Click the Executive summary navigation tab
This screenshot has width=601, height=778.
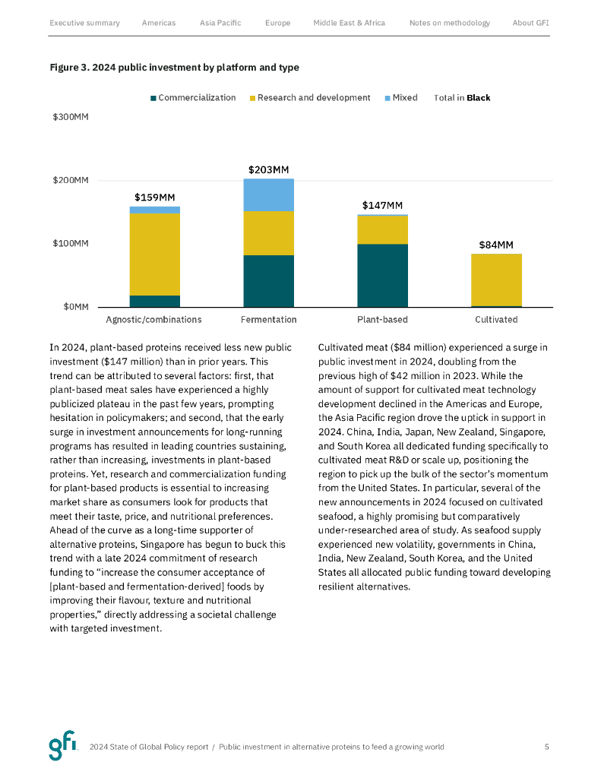tap(84, 23)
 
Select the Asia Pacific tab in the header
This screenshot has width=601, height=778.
tap(220, 23)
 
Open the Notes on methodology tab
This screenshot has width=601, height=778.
tap(449, 23)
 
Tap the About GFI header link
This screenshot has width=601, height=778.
tap(530, 23)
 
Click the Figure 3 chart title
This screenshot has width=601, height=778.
tap(174, 68)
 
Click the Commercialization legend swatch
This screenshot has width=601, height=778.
tap(153, 98)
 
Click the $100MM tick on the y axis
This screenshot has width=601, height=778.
tap(71, 244)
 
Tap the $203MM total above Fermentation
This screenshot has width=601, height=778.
tap(268, 170)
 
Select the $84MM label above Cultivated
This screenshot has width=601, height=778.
tap(496, 245)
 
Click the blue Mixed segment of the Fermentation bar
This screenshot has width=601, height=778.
tap(268, 194)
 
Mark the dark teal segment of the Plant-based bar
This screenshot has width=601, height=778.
tap(382, 275)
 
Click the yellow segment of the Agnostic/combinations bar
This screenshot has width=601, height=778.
tap(154, 255)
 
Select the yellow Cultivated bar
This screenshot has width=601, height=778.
tap(496, 280)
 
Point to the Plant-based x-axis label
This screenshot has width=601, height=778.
tap(382, 320)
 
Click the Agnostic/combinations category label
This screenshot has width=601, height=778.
tap(153, 320)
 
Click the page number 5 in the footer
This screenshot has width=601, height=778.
tap(546, 747)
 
